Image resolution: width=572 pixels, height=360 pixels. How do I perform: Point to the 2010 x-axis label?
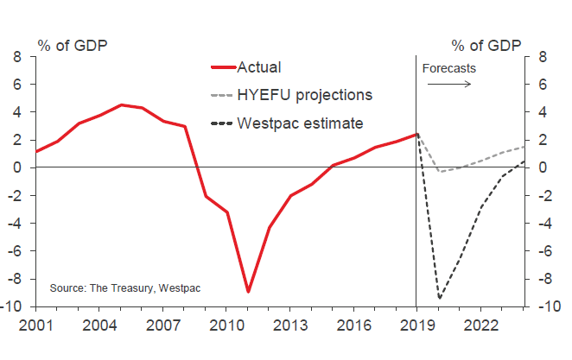pos(226,327)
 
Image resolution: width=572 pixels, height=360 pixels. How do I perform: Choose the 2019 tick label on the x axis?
pos(416,327)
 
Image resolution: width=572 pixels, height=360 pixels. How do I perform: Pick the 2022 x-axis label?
pos(480,327)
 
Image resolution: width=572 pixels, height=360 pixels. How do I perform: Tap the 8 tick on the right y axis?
pos(541,57)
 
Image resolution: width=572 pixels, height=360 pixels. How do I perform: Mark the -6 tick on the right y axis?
pos(543,251)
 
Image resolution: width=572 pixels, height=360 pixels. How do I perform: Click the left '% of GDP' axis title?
pos(72,45)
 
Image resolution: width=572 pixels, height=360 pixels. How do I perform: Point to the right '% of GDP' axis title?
pos(486,45)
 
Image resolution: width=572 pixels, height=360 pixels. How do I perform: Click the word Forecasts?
pos(450,67)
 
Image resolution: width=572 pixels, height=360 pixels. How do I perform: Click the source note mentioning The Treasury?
pos(124,287)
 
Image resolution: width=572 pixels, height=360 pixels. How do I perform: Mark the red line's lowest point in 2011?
pos(247,292)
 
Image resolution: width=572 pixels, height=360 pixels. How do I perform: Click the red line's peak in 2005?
pos(120,104)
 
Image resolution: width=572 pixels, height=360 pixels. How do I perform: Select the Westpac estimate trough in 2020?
pos(438,299)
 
